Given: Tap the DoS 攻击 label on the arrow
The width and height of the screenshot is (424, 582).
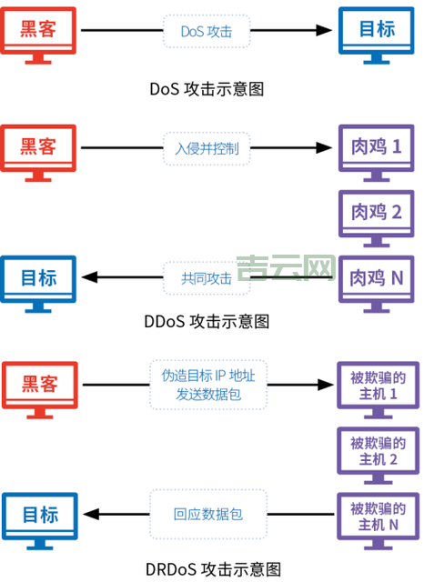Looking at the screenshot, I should click(207, 31).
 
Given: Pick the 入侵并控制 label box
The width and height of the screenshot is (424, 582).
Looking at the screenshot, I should click(207, 147).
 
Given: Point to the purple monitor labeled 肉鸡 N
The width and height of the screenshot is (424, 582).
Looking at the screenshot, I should click(377, 278).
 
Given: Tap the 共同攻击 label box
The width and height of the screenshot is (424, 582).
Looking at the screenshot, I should click(207, 278).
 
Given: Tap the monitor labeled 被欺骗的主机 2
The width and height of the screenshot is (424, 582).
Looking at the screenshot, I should click(377, 451).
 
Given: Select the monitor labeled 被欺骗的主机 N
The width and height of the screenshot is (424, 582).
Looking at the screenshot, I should click(377, 516).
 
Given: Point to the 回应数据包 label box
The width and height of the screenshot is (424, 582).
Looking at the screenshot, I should click(207, 515).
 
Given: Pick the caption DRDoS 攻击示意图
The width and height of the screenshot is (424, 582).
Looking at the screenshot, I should click(213, 569).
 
